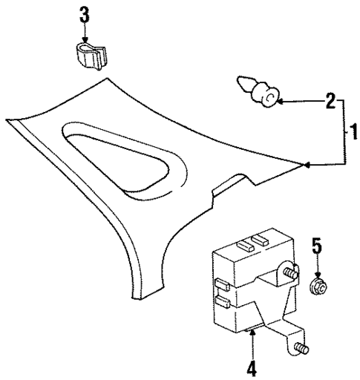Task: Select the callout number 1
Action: (354, 134)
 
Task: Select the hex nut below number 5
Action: (316, 286)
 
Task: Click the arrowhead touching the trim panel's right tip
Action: (305, 166)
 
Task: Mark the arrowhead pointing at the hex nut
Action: (316, 271)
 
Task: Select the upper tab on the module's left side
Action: (220, 282)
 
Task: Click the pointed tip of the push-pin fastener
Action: (240, 81)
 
